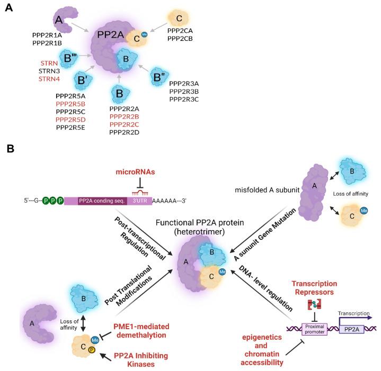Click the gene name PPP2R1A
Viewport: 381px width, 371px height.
[47, 34]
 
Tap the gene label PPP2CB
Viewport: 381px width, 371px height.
[182, 39]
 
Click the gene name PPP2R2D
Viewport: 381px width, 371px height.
[125, 132]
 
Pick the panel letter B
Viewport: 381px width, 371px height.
[10, 150]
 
